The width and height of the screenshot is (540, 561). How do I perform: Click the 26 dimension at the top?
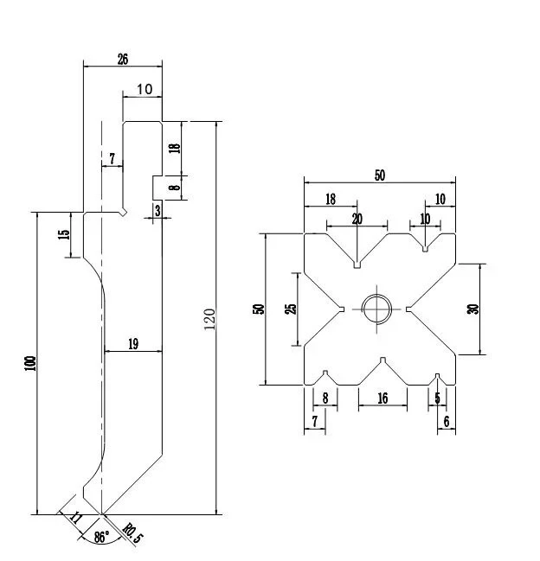pos(123,60)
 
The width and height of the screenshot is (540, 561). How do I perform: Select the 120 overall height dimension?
pos(209,319)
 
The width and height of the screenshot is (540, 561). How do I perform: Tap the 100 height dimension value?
pos(31,363)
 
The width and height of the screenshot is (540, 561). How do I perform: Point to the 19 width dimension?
pos(133,344)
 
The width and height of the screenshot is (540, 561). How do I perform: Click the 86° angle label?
pos(102,537)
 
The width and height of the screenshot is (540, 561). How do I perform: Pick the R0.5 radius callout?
pos(132,533)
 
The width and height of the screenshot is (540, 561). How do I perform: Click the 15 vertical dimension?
pos(63,234)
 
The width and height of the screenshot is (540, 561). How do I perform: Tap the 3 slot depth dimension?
pos(157,211)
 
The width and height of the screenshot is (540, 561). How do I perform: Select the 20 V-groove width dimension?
pos(357,219)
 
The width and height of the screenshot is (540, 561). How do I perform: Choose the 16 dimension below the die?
pos(382,398)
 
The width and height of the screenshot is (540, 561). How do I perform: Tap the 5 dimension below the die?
pos(437,398)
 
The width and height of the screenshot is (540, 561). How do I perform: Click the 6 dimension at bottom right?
pos(447,422)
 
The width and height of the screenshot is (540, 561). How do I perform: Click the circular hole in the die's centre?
pos(376,309)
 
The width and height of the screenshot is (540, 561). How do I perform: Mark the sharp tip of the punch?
pos(102,514)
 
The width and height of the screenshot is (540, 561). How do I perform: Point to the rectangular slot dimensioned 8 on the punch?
pos(157,188)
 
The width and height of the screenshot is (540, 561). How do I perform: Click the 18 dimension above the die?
pos(331,200)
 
